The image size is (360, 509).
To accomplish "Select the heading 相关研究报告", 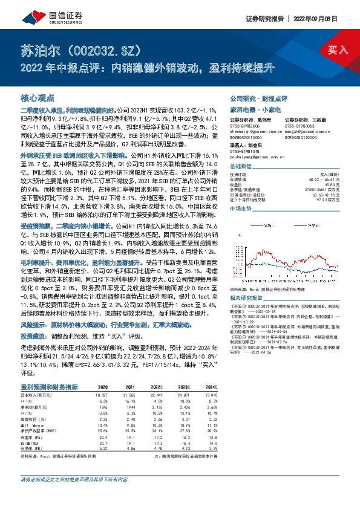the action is click(247, 297).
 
